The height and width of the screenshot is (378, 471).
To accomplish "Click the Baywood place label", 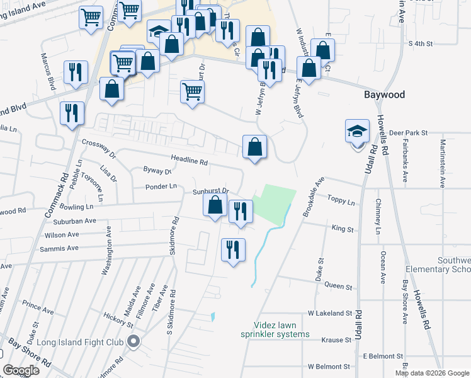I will click(x=384, y=95).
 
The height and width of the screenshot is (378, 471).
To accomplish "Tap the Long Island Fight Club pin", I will click(x=133, y=342).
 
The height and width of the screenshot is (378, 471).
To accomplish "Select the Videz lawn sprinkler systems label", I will click(x=276, y=329).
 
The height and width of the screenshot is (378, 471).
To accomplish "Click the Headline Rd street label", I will click(x=189, y=161).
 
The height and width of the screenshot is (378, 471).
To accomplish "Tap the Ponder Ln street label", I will click(x=161, y=186).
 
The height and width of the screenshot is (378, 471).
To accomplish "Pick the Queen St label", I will click(x=338, y=286).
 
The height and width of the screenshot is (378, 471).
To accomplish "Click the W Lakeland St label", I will click(x=329, y=313).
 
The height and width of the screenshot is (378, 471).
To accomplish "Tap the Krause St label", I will click(x=335, y=340).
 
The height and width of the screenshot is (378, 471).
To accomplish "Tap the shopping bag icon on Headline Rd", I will click(x=254, y=148).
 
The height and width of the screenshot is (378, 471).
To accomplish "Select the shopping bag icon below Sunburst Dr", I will click(x=215, y=205).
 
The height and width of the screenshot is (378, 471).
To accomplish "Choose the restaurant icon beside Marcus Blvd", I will click(x=75, y=72).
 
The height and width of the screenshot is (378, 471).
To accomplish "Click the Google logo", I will click(x=21, y=370).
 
